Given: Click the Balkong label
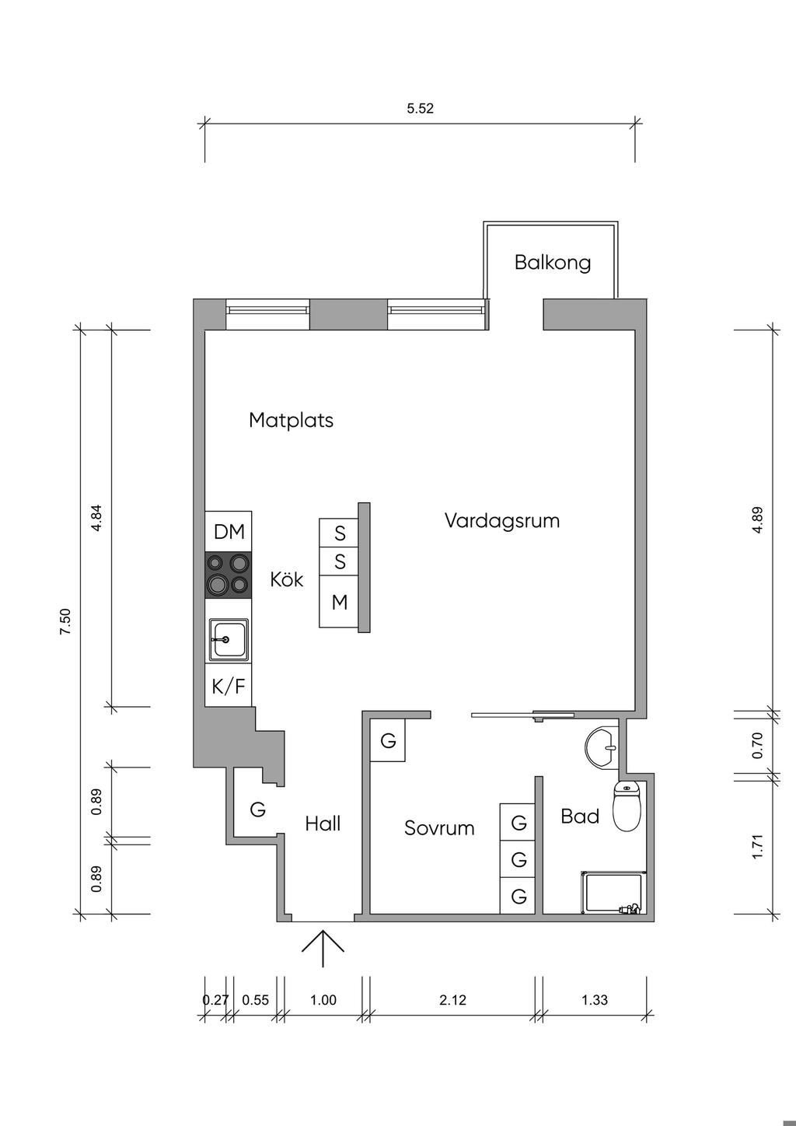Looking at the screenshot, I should click(552, 262).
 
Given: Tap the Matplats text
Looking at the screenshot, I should click(291, 420).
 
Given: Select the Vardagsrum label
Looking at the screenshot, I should click(501, 520).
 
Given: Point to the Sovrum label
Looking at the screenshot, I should click(439, 827).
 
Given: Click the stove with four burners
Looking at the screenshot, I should click(228, 575).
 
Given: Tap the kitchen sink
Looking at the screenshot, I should click(228, 639).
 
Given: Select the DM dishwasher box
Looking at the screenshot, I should click(229, 532).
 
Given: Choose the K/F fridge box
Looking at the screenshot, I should click(229, 686).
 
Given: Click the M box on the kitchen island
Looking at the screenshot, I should click(340, 602).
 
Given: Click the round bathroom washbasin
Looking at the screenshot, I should click(602, 747).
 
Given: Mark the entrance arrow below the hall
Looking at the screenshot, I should click(323, 948).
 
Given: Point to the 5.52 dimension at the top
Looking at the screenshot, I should click(420, 109).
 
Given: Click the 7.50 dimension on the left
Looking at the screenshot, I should click(65, 622).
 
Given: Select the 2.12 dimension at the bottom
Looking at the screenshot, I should click(452, 1000).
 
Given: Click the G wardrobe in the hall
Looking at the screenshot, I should click(257, 810).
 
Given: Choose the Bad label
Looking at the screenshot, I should click(580, 816).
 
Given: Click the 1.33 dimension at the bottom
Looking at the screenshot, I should click(595, 1000).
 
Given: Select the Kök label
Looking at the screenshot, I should click(287, 579).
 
